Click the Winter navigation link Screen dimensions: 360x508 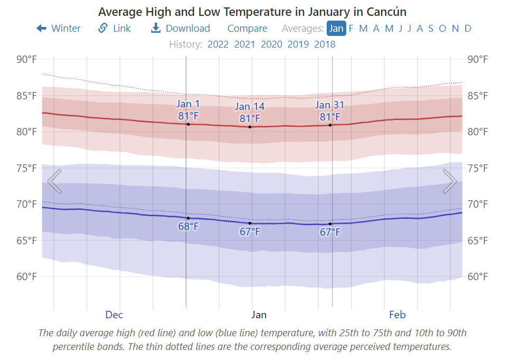coord(59,29)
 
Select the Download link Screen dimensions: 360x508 coord(181,29)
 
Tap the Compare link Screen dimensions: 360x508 coord(247,29)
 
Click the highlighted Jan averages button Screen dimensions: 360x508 coord(336,29)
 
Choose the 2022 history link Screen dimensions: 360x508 coord(218,44)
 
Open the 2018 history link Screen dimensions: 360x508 coord(325,44)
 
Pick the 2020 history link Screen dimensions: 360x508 coord(271,44)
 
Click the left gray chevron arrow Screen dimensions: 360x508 coord(54,181)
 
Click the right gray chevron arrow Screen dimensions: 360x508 coord(450,181)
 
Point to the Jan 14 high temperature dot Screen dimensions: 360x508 coord(250,127)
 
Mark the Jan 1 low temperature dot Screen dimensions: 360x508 coord(188,218)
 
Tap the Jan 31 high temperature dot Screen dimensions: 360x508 coord(330,125)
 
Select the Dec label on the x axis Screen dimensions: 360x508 coord(114,315)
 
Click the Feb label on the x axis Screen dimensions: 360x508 coord(398,315)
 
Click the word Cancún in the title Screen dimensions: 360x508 coord(387,12)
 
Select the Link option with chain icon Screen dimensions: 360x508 coord(115,29)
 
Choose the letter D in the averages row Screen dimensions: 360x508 coord(468,29)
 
